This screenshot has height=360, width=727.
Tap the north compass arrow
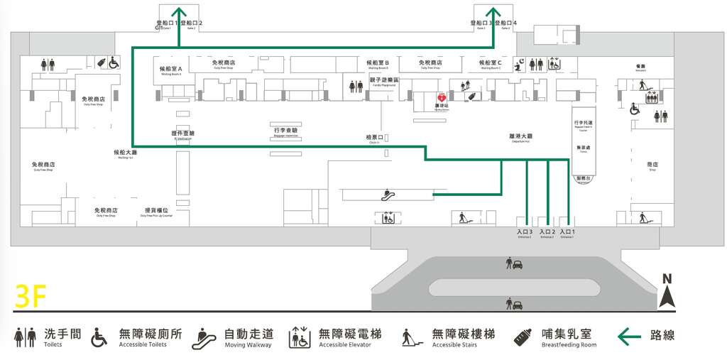pos(667,293)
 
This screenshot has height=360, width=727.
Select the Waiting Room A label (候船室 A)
pos(171,69)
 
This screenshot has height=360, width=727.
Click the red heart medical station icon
pos(441,97)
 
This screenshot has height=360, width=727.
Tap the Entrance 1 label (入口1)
pos(567,232)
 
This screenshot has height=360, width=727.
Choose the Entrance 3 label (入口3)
pos(525,232)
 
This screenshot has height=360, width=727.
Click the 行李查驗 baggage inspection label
pos(286,131)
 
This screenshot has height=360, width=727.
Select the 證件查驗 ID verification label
pos(182,133)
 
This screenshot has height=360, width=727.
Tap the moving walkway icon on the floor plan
pos(388,192)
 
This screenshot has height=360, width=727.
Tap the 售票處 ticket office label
pos(584,148)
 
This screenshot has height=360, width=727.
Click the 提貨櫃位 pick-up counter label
pos(156,210)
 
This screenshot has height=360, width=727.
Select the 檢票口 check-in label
pos(374,137)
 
